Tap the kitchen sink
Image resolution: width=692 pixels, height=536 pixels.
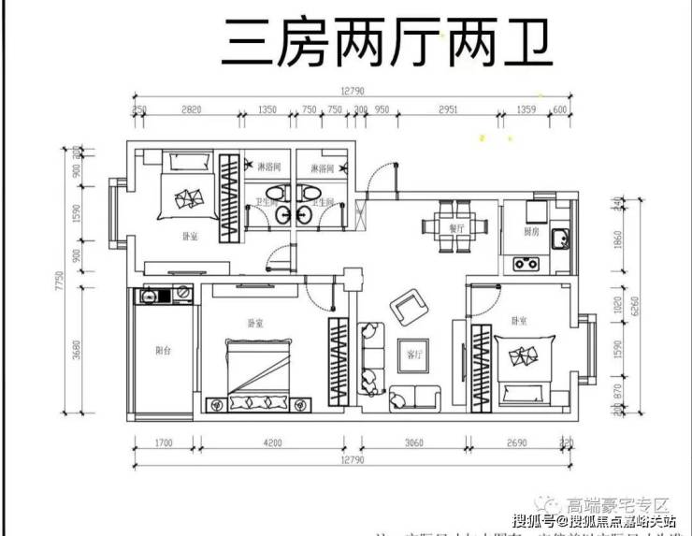pyautogui.click(x=559, y=239)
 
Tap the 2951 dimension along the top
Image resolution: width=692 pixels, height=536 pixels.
pyautogui.click(x=448, y=109)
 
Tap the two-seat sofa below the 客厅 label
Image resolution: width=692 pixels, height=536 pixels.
pyautogui.click(x=414, y=398)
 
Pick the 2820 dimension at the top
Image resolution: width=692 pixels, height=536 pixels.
pyautogui.click(x=191, y=109)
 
